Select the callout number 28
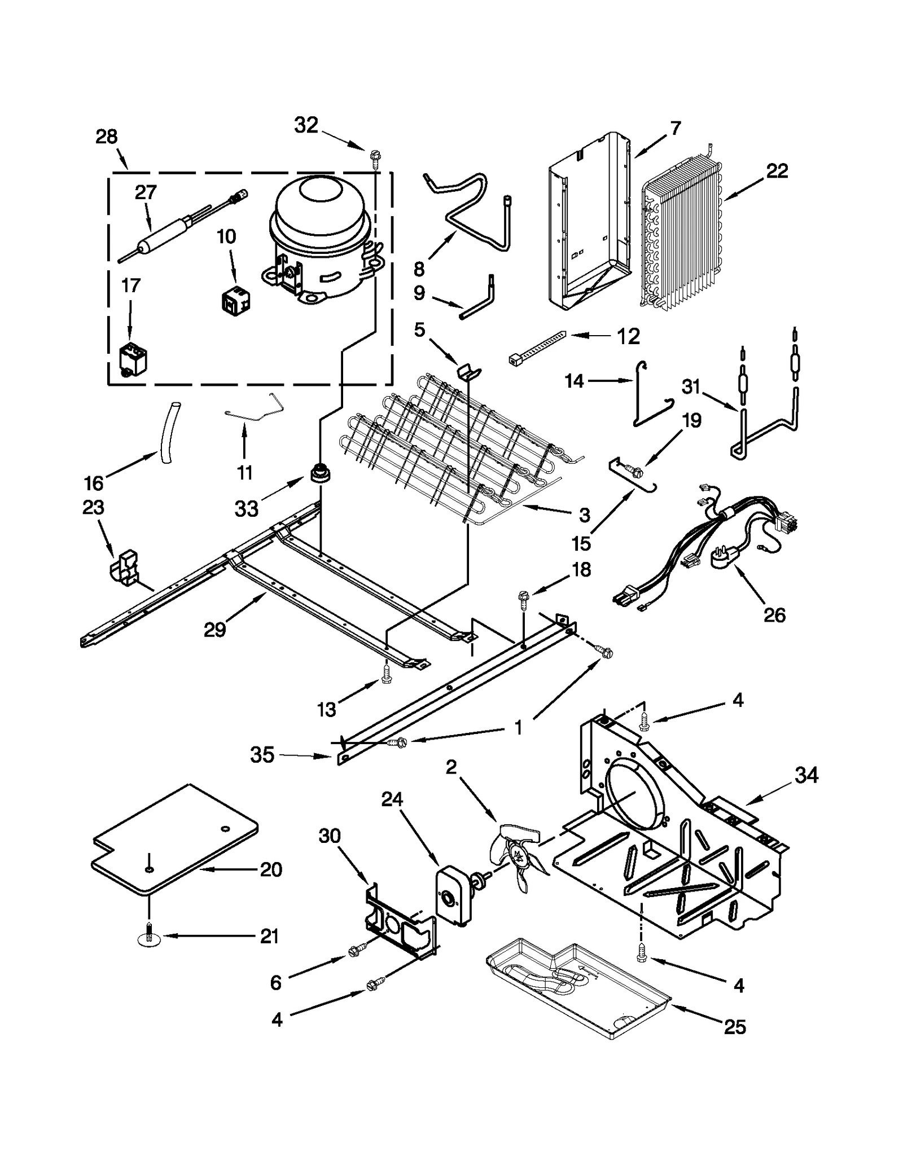pos(106,137)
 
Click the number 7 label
pos(676,128)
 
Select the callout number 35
pos(262,755)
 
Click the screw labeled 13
pos(387,674)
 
